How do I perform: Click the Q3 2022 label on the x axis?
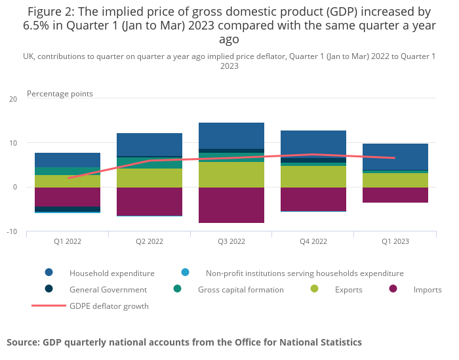click(x=231, y=241)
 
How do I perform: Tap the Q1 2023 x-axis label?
click(x=395, y=241)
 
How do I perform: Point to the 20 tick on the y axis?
click(x=13, y=99)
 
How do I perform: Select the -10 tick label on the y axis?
click(x=12, y=231)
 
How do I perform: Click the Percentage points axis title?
click(x=60, y=94)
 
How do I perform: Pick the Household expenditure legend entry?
click(x=111, y=273)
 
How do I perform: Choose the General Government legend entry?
click(x=108, y=289)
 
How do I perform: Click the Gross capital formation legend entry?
click(x=241, y=289)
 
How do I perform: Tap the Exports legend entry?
click(x=349, y=289)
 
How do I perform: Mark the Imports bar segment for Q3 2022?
click(x=231, y=205)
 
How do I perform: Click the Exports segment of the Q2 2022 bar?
click(x=150, y=178)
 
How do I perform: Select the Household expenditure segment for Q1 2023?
click(x=395, y=157)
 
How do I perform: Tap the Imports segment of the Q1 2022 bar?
click(x=68, y=197)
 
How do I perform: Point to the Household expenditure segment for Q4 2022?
click(x=313, y=142)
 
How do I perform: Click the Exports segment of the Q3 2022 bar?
click(x=231, y=174)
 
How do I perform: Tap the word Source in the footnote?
click(x=22, y=342)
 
